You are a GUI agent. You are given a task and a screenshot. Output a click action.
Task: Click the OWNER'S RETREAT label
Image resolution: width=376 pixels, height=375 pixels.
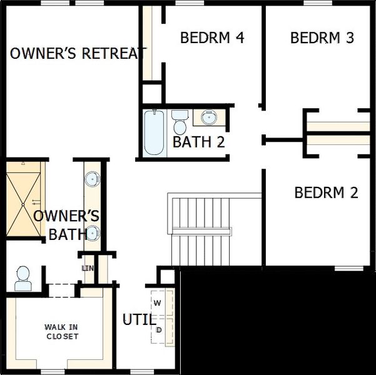(78, 53)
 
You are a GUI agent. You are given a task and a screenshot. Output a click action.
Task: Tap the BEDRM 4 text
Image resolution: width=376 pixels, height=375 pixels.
(211, 37)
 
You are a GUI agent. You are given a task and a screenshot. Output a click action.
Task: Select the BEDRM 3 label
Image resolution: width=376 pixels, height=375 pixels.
(322, 37)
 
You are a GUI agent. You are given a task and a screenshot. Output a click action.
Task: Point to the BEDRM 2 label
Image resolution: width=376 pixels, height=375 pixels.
(326, 192)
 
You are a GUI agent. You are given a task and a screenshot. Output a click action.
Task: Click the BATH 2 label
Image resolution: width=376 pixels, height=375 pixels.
(198, 142)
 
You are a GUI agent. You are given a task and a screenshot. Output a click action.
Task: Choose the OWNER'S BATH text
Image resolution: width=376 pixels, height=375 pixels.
(66, 226)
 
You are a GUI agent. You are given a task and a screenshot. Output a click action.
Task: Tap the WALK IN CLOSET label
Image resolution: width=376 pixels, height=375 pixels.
(62, 331)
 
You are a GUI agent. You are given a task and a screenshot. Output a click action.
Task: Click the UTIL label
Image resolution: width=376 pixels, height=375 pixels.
(139, 320)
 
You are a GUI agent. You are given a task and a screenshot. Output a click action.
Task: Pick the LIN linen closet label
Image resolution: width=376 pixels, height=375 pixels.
(88, 268)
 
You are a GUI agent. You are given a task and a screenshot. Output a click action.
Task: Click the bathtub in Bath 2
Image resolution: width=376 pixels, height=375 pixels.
(153, 133)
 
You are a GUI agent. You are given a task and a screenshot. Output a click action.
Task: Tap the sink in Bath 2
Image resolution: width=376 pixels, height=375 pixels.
(208, 117)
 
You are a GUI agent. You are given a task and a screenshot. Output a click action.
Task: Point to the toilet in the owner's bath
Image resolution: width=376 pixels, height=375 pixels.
(23, 278)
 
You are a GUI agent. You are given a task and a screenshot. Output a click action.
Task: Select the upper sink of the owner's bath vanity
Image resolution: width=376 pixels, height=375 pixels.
(93, 179)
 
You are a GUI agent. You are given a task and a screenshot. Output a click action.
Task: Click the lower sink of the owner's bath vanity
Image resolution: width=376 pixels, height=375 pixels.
(93, 233)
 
